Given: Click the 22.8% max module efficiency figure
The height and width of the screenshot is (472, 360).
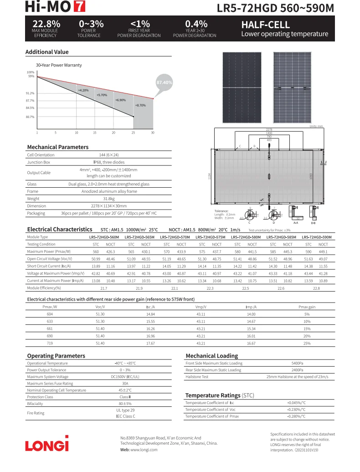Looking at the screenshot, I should point(46,24).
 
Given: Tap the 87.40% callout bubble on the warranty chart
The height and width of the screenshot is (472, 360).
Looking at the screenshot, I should point(164,82).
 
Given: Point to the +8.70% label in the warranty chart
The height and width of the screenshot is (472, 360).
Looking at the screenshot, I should point(140,105).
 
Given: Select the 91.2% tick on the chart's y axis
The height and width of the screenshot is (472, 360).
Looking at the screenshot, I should point(30,93).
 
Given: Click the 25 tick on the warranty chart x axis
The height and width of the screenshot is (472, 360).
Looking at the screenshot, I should point(134,133).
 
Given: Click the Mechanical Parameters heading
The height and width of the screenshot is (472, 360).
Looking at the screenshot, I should point(57,147).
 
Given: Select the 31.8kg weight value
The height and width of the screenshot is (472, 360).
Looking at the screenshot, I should point(109,199).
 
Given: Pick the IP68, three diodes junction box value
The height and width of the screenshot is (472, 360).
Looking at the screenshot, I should point(109,162).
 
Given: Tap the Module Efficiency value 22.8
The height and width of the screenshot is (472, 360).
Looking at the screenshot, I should point(316,288).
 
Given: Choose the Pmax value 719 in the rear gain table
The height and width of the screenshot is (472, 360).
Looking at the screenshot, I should point(50,343).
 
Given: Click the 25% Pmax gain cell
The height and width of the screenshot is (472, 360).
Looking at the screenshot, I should point(307,343).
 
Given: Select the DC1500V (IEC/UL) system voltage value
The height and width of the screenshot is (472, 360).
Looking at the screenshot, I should point(125,377).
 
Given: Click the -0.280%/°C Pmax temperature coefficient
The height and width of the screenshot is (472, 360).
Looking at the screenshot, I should point(296,416).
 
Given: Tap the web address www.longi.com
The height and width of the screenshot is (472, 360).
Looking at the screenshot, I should point(144,450).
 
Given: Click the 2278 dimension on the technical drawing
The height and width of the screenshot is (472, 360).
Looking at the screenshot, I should point(269,129).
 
